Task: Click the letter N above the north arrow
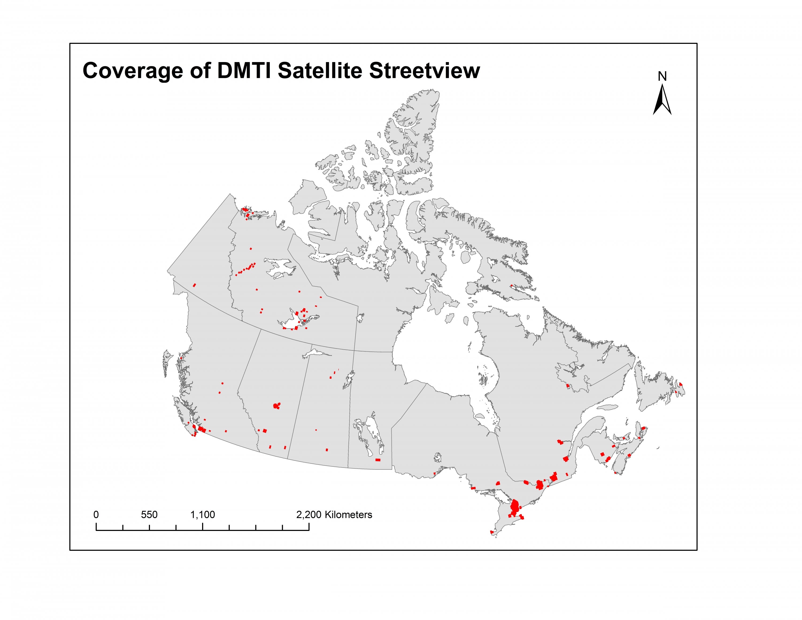[662, 76]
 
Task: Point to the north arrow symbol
[662, 100]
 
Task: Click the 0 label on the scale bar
[96, 515]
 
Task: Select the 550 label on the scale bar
[149, 515]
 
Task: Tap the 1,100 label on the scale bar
[202, 515]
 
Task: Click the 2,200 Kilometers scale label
[334, 515]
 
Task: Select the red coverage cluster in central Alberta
[276, 405]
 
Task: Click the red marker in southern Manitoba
[378, 460]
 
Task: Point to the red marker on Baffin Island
[511, 285]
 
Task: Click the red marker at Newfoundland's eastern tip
[680, 384]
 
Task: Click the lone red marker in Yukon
[194, 285]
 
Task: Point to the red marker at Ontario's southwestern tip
[492, 531]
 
